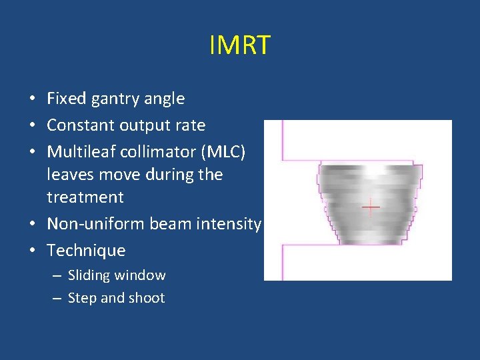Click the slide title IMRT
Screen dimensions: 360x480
coord(239,45)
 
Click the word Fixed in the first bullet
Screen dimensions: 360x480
coord(65,99)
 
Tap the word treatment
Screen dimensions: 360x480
coord(85,197)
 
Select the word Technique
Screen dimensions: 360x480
coord(86,251)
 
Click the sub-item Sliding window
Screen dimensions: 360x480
coord(117,275)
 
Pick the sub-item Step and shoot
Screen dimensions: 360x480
coord(116,298)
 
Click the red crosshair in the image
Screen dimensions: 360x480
coord(371,207)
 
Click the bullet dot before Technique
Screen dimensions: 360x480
coord(32,251)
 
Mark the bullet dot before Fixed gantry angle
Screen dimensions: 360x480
coord(32,99)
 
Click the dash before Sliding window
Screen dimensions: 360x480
coord(58,275)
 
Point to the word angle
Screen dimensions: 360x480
coord(164,99)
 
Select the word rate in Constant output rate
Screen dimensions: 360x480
coord(192,125)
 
